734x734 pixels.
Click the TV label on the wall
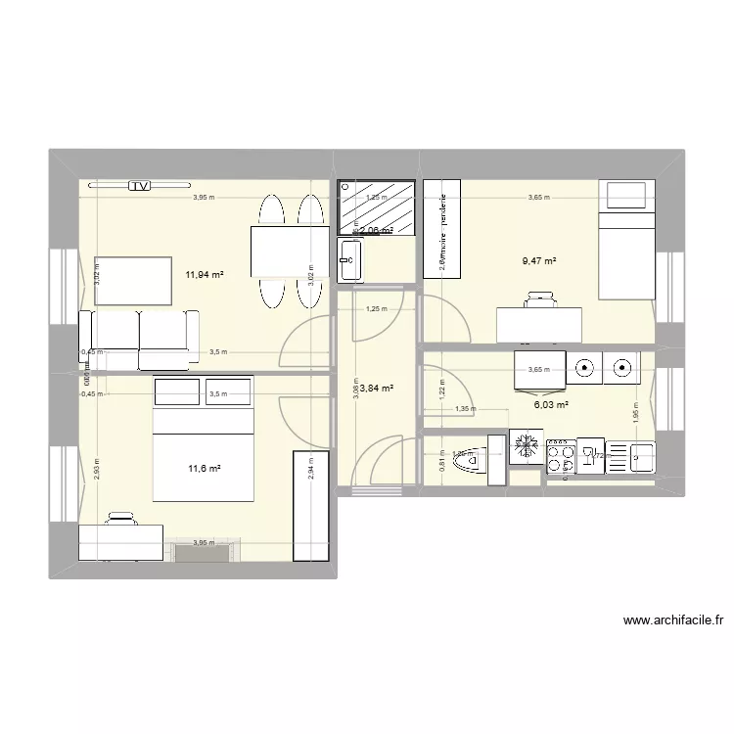click(140, 184)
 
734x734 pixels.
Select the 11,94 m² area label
click(205, 275)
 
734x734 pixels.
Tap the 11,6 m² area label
click(205, 469)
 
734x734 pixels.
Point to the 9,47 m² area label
click(539, 261)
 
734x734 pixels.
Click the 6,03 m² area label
click(551, 403)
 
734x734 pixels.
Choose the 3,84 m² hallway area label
click(377, 389)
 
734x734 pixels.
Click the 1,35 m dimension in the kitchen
click(466, 411)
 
